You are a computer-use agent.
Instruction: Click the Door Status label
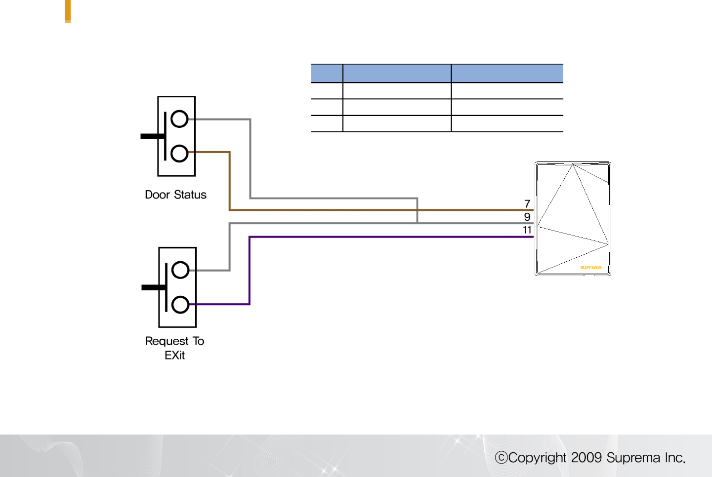[175, 195]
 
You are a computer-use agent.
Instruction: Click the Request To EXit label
[174, 348]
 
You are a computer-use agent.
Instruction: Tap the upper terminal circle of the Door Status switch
[179, 119]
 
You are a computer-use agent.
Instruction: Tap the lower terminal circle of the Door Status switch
[179, 153]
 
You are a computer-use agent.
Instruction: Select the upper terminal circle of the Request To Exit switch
[180, 270]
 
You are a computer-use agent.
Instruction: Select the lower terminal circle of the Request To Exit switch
[180, 304]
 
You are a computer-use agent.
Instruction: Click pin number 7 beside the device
[527, 203]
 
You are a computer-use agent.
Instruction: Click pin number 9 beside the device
[527, 217]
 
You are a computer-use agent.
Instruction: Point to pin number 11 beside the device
[527, 230]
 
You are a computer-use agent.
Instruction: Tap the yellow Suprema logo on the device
[590, 268]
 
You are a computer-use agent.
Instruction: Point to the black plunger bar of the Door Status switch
[151, 136]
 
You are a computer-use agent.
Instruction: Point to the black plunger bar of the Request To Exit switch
[152, 287]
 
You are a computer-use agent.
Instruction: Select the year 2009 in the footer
[586, 458]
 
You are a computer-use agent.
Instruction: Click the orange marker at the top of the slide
[68, 11]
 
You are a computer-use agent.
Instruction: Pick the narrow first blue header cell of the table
[327, 73]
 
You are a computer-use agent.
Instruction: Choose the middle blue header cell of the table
[397, 73]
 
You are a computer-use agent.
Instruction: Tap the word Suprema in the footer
[633, 458]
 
